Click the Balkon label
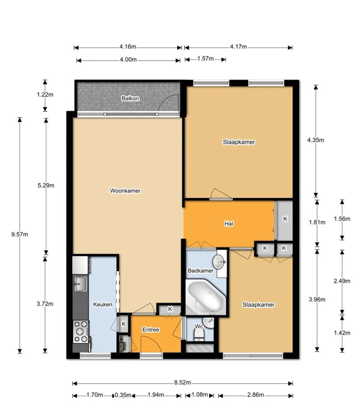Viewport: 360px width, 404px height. [130, 98]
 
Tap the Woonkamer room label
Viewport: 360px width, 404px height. [125, 191]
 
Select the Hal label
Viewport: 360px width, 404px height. [229, 224]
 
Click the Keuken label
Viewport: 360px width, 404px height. [103, 304]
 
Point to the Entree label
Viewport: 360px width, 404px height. [151, 330]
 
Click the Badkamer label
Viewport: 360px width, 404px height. [201, 270]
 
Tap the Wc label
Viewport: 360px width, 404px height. [199, 327]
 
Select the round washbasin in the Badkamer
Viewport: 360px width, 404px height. [219, 262]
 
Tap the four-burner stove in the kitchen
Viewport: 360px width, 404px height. [81, 331]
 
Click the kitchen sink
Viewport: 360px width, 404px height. [80, 284]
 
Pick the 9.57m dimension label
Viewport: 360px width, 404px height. [19, 235]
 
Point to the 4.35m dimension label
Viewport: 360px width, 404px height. [316, 140]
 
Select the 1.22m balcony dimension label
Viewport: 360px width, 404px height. [45, 95]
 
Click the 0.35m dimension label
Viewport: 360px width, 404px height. [123, 402]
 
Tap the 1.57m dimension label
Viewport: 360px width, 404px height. [205, 58]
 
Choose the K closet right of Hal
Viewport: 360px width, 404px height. [285, 219]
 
